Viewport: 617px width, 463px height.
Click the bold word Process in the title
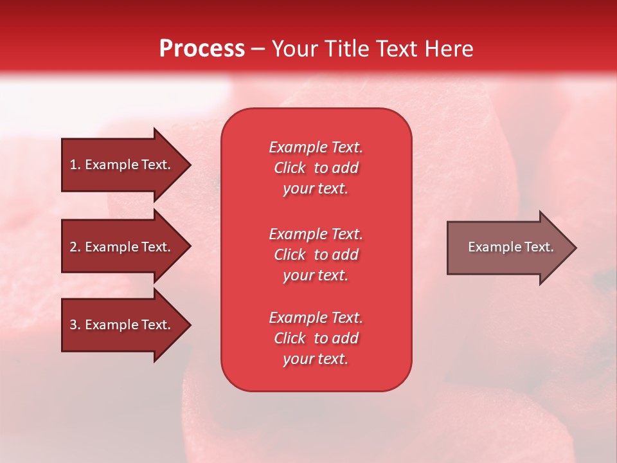[202, 49]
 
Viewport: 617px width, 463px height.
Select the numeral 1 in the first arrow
[73, 165]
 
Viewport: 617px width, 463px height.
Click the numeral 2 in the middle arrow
[73, 247]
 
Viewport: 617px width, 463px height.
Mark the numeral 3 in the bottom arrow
[73, 325]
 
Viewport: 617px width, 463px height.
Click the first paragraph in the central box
[316, 168]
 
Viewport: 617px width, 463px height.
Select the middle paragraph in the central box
[316, 255]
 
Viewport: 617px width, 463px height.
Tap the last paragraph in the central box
[316, 338]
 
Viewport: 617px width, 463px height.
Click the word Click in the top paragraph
[290, 168]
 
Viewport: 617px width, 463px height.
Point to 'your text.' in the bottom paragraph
[316, 359]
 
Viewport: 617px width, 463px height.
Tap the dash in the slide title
[258, 50]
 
